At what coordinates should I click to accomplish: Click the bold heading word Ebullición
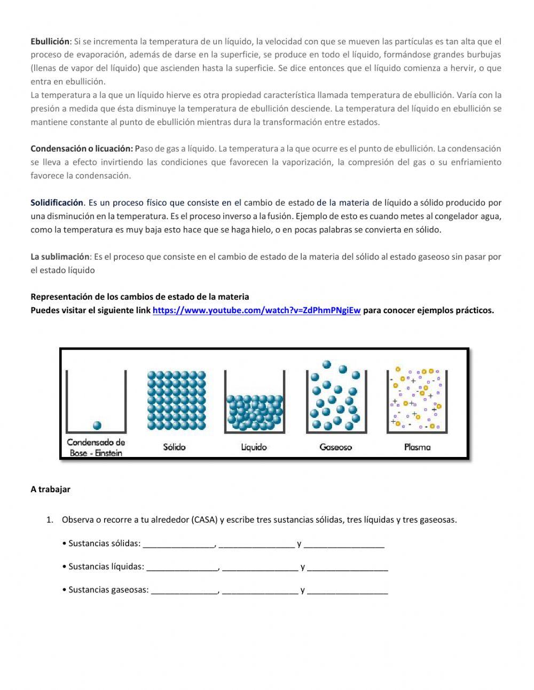pyautogui.click(x=50, y=41)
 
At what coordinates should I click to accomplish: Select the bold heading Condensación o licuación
pyautogui.click(x=81, y=149)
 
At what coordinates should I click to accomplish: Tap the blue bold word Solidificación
pyautogui.click(x=57, y=203)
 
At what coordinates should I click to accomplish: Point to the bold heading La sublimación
pyautogui.click(x=60, y=257)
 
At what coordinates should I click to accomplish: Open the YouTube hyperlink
pyautogui.click(x=256, y=311)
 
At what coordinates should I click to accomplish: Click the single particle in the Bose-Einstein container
pyautogui.click(x=97, y=425)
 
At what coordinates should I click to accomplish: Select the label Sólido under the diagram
pyautogui.click(x=174, y=447)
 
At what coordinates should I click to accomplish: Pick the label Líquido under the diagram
pyautogui.click(x=254, y=447)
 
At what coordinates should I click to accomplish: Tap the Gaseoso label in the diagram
pyautogui.click(x=335, y=447)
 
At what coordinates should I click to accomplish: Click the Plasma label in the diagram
pyautogui.click(x=417, y=447)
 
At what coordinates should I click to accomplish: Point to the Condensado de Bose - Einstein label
pyautogui.click(x=96, y=448)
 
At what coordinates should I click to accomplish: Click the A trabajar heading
pyautogui.click(x=50, y=489)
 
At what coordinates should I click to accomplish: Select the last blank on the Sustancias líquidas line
pyautogui.click(x=348, y=568)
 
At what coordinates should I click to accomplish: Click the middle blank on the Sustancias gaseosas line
pyautogui.click(x=260, y=591)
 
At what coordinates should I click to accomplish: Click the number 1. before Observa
pyautogui.click(x=50, y=520)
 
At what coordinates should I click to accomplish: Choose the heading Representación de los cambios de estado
pyautogui.click(x=139, y=297)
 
